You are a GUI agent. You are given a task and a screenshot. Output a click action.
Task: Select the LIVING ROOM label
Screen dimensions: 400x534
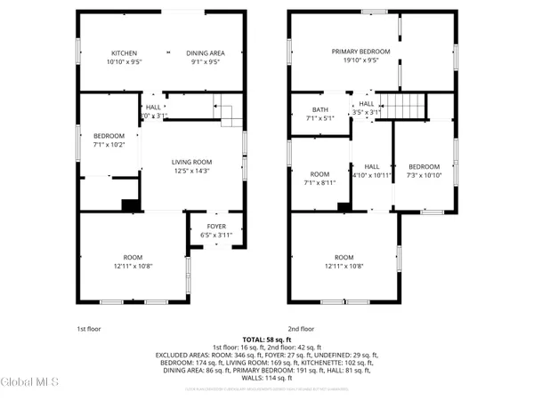(x=191, y=161)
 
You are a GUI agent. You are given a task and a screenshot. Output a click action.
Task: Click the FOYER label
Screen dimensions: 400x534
(x=216, y=226)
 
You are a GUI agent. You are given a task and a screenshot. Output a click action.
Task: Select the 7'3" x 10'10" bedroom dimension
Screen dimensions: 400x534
(x=425, y=175)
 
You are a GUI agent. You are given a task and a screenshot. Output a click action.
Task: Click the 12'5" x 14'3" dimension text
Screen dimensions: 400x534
(x=191, y=171)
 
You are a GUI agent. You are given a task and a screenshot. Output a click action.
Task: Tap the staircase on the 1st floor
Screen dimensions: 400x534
(x=231, y=116)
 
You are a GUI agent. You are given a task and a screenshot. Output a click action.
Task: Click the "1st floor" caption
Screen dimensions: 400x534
(x=89, y=328)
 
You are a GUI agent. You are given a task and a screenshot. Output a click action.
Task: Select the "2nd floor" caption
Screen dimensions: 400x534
(x=302, y=328)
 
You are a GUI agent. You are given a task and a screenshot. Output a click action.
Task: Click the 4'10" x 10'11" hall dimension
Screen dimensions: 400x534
(x=372, y=175)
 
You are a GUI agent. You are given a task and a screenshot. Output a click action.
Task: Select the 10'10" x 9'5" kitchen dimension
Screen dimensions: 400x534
(x=123, y=61)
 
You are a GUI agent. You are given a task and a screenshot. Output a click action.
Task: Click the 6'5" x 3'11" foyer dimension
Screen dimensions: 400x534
(x=216, y=235)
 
